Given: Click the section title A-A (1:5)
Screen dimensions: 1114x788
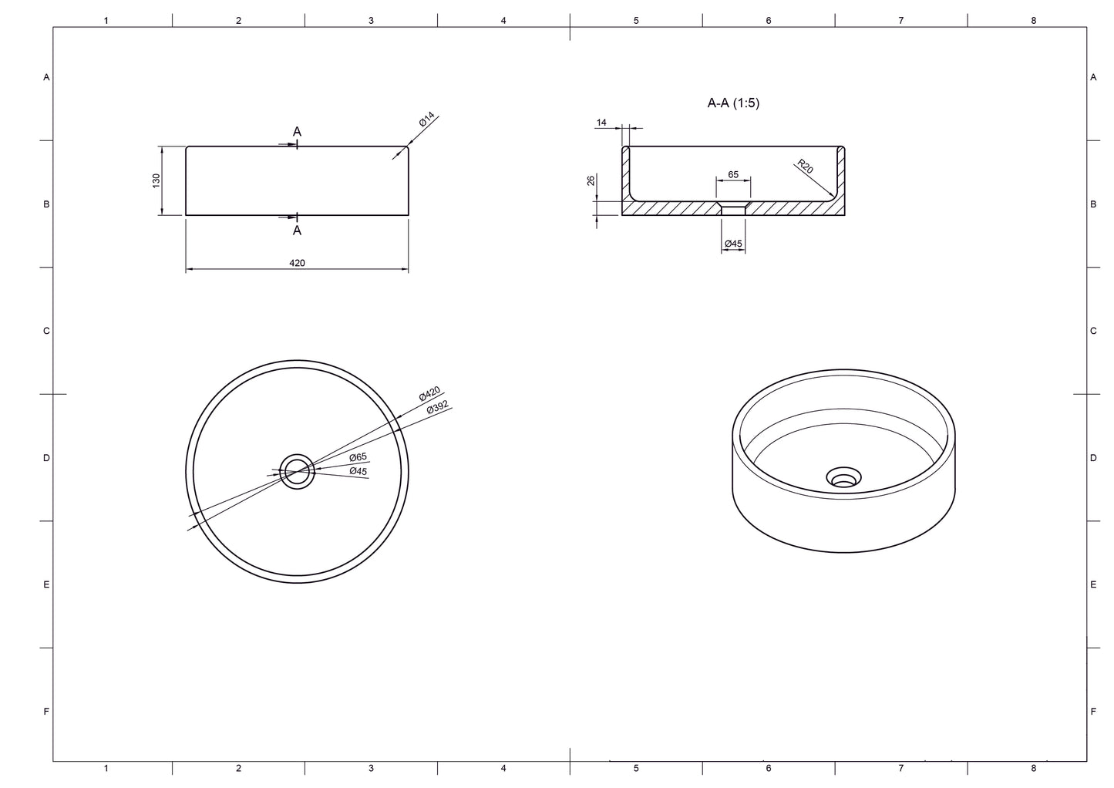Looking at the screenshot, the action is pyautogui.click(x=733, y=103).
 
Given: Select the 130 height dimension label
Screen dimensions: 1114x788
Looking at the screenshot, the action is pyautogui.click(x=156, y=180).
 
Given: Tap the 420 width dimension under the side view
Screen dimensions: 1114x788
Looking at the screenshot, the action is pyautogui.click(x=297, y=263).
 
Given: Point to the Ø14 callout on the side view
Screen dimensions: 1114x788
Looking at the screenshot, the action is pyautogui.click(x=426, y=120).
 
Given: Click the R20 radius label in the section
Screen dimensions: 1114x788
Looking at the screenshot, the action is pyautogui.click(x=805, y=166).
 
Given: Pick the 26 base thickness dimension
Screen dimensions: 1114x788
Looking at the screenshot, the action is pyautogui.click(x=591, y=180).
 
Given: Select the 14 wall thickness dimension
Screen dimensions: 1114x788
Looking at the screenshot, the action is pyautogui.click(x=601, y=123).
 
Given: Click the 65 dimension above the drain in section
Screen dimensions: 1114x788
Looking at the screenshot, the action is pyautogui.click(x=733, y=174).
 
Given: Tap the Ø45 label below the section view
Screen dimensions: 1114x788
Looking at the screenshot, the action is pyautogui.click(x=733, y=244).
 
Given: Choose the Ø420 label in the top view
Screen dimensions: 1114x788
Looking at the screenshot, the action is pyautogui.click(x=429, y=393).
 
